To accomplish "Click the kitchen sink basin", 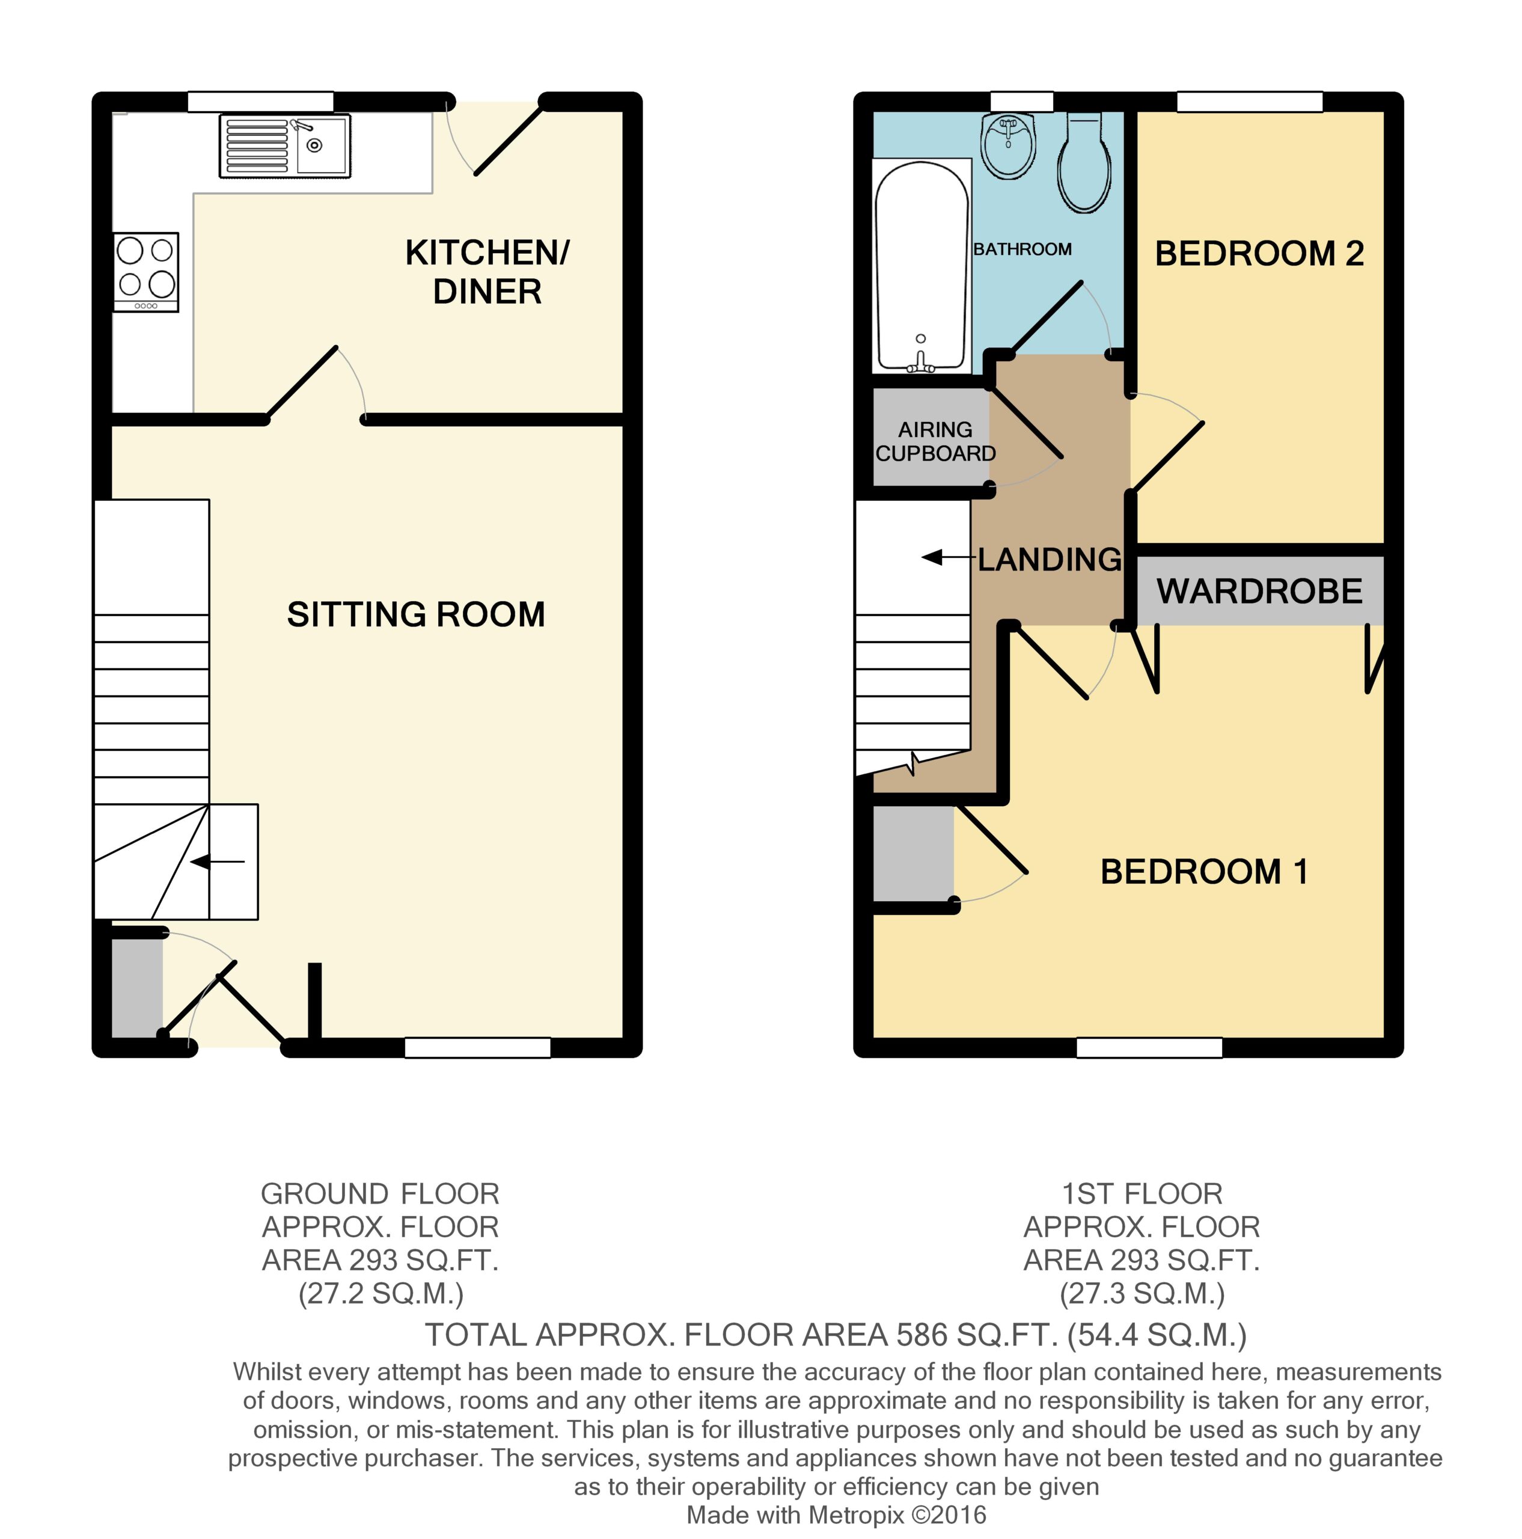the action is click(323, 145).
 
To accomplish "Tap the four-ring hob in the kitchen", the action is click(145, 272).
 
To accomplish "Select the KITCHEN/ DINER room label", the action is click(487, 272).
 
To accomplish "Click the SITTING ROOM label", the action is click(416, 614).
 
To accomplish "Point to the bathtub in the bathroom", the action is click(921, 266).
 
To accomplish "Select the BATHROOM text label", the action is click(1022, 249).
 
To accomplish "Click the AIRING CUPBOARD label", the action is click(935, 441).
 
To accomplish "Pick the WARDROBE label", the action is click(1259, 591).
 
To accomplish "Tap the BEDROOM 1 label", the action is click(1204, 872).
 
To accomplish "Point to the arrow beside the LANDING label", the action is click(949, 558).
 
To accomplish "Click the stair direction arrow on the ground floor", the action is click(218, 862).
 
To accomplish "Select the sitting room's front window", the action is click(477, 1047).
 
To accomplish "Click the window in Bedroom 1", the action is click(1149, 1047).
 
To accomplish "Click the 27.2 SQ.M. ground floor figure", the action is click(380, 1293).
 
